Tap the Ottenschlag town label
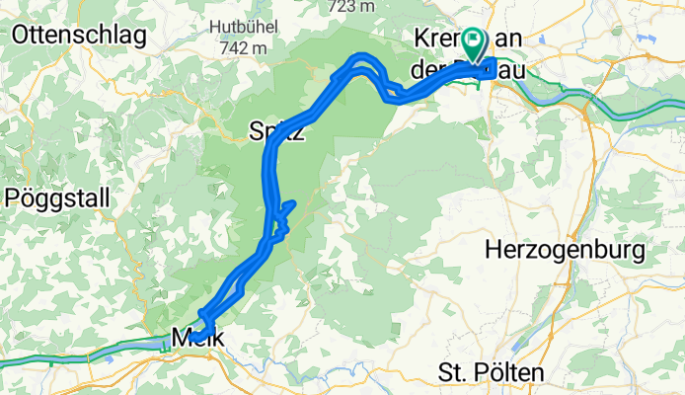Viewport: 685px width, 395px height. point(79,37)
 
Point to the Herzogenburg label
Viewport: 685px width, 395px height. point(566,250)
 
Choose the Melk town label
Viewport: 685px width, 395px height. point(197,338)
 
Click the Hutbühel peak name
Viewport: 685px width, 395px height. point(235,27)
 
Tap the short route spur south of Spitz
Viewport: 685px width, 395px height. point(287,206)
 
